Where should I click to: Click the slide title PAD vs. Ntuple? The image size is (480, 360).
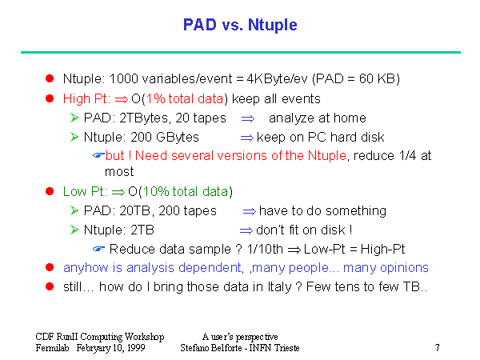pos(240,25)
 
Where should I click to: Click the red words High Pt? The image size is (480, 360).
pos(86,99)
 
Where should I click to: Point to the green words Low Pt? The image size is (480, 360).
pos(85,192)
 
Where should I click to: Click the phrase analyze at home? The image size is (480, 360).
pos(318,118)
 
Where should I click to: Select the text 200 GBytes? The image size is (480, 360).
pos(165,137)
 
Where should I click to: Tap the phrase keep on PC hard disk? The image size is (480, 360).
pos(320,137)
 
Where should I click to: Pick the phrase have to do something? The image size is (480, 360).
pos(322,211)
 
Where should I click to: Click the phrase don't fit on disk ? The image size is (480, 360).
pos(304,230)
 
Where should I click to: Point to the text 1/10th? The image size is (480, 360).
pos(265,249)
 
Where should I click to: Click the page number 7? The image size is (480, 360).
pos(437,347)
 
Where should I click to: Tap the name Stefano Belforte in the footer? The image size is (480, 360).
pos(211,348)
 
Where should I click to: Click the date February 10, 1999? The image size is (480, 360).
pos(111,348)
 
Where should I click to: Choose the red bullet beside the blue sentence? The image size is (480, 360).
pos(50,267)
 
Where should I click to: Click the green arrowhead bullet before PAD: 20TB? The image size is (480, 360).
pos(74,210)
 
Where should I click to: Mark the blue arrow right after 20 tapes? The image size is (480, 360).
pos(248,118)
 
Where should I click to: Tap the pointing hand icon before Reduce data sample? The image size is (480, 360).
pos(98,249)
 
